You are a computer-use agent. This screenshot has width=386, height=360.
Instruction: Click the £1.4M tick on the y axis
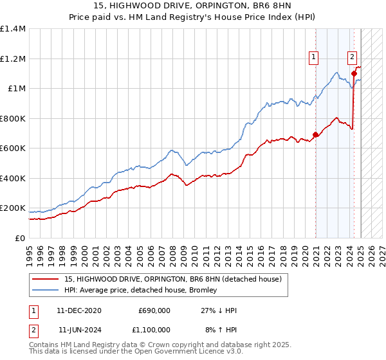point(13,29)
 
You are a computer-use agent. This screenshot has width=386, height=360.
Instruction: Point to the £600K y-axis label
point(13,148)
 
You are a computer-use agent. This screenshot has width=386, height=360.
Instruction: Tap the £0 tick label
point(21,238)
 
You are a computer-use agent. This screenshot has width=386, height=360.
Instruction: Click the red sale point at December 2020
point(315,135)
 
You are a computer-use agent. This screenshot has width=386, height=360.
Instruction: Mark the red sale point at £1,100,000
point(354,74)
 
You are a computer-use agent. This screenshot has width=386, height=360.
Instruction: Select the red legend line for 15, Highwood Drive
point(44,279)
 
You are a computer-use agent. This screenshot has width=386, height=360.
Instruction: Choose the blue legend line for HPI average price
point(44,290)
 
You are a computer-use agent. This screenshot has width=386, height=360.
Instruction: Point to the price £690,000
point(154,310)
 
